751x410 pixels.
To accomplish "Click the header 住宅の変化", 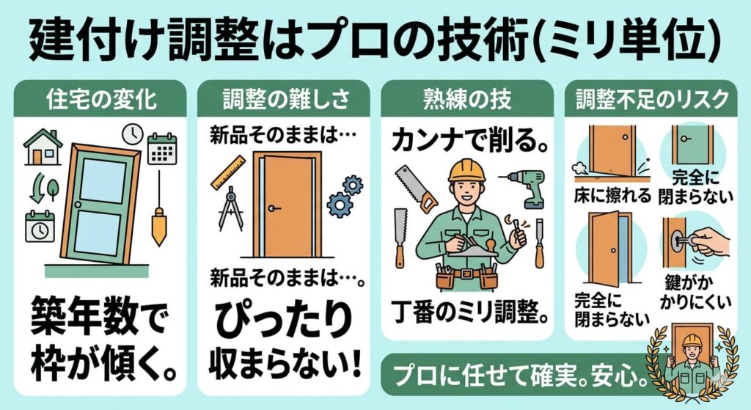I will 101,98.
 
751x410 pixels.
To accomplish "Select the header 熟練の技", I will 467,98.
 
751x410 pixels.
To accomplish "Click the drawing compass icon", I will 230,208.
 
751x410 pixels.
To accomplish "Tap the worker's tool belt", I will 466,277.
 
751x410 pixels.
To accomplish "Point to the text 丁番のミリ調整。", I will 467,318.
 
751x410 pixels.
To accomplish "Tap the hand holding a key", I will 706,242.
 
